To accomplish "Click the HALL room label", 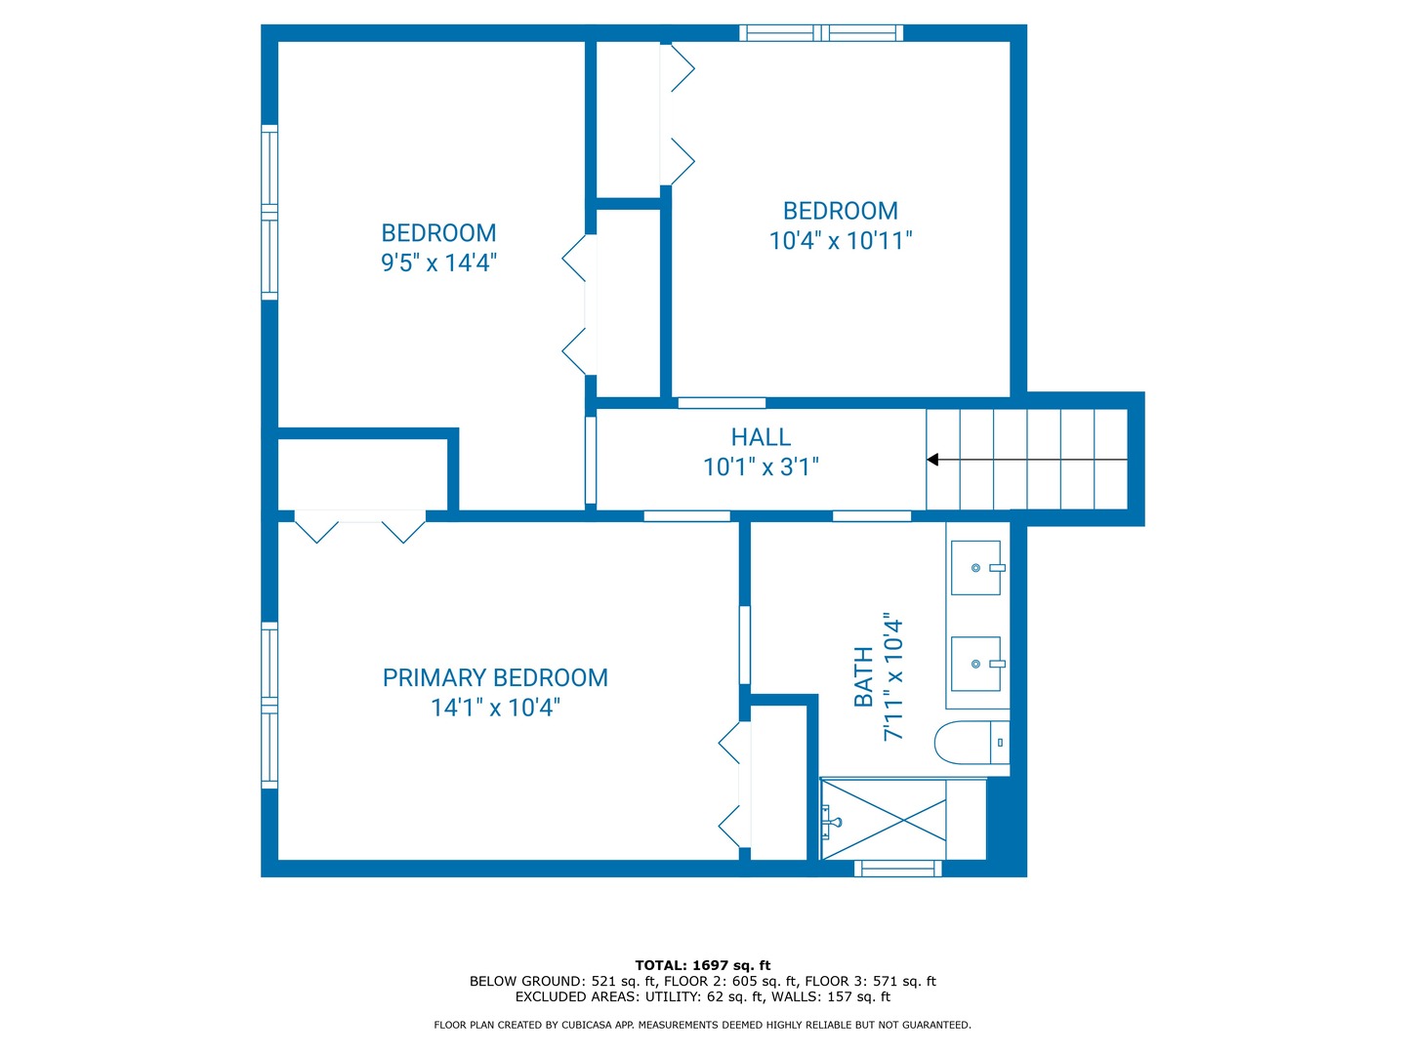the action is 761,437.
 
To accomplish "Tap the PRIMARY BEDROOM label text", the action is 494,677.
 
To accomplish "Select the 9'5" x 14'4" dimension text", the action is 438,263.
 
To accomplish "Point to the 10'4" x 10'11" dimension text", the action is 840,241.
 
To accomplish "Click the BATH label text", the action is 864,676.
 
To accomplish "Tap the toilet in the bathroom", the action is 972,743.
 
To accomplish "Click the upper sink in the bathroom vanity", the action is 975,568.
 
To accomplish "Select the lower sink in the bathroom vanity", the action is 975,664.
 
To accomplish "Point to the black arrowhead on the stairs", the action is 932,460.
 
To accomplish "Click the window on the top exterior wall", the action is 821,32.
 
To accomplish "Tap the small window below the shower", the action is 898,869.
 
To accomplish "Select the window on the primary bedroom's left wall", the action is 269,706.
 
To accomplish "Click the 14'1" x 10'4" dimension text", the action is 495,708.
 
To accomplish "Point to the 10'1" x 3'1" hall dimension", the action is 761,467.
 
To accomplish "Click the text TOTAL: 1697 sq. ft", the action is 703,965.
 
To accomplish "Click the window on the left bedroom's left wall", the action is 269,213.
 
